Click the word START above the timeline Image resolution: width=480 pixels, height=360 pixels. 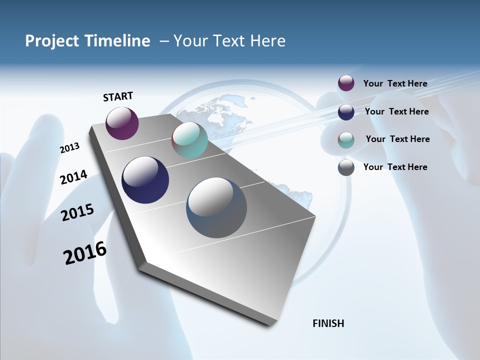(x=118, y=96)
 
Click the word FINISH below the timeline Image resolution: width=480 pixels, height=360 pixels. (x=328, y=323)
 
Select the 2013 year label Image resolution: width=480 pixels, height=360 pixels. (x=70, y=147)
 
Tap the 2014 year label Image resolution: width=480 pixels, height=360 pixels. (x=73, y=177)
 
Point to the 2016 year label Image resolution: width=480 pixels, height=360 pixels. (x=85, y=252)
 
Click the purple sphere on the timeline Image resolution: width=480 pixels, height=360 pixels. (x=122, y=123)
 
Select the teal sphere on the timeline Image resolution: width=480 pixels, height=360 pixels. (x=189, y=140)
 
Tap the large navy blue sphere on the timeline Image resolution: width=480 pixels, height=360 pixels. (x=145, y=180)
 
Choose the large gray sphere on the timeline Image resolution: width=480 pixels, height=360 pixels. (x=216, y=207)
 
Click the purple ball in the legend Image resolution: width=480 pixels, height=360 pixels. (x=346, y=83)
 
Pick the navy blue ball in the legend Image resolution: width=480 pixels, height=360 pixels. (x=346, y=112)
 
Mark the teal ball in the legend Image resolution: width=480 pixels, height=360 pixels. (x=346, y=140)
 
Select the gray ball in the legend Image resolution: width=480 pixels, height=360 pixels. (x=346, y=167)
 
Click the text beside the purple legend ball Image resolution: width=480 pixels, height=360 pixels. (x=395, y=83)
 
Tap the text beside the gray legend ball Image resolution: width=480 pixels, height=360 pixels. (x=395, y=167)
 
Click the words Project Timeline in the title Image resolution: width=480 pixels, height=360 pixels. (x=87, y=41)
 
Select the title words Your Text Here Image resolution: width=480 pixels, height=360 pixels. (x=229, y=41)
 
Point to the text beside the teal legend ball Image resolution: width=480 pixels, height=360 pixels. (x=397, y=139)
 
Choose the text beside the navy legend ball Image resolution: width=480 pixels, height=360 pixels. (x=396, y=111)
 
